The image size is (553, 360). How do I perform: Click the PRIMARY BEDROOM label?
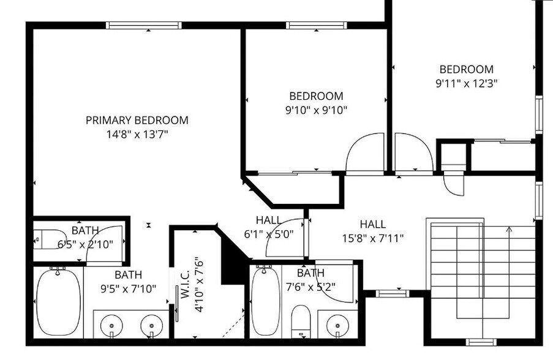click(x=137, y=120)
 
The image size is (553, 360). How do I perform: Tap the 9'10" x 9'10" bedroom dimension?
click(x=316, y=110)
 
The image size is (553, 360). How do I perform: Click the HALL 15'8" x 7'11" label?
click(x=372, y=231)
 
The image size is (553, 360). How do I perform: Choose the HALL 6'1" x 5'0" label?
click(x=269, y=227)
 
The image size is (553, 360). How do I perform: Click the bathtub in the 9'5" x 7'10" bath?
click(x=58, y=302)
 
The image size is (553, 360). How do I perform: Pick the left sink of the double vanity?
click(x=112, y=324)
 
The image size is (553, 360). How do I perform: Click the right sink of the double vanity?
click(x=151, y=324)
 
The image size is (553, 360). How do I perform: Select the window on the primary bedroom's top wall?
click(x=143, y=25)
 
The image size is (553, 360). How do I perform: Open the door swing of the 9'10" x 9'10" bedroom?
click(x=364, y=154)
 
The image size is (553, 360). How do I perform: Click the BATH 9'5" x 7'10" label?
click(x=128, y=282)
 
